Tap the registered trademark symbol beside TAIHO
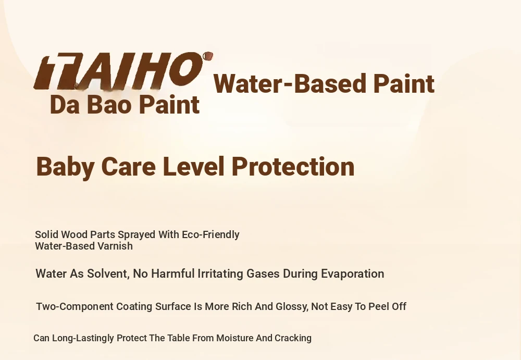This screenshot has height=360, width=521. (208, 56)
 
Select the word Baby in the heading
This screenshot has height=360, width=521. (65, 167)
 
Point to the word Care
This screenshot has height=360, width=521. (128, 166)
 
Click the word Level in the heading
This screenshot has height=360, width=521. (194, 166)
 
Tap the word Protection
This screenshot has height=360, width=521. (293, 166)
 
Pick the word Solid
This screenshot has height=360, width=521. (47, 234)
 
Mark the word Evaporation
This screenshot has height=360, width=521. (353, 274)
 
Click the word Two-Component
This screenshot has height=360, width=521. (75, 306)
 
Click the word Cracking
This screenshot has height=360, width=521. (293, 339)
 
